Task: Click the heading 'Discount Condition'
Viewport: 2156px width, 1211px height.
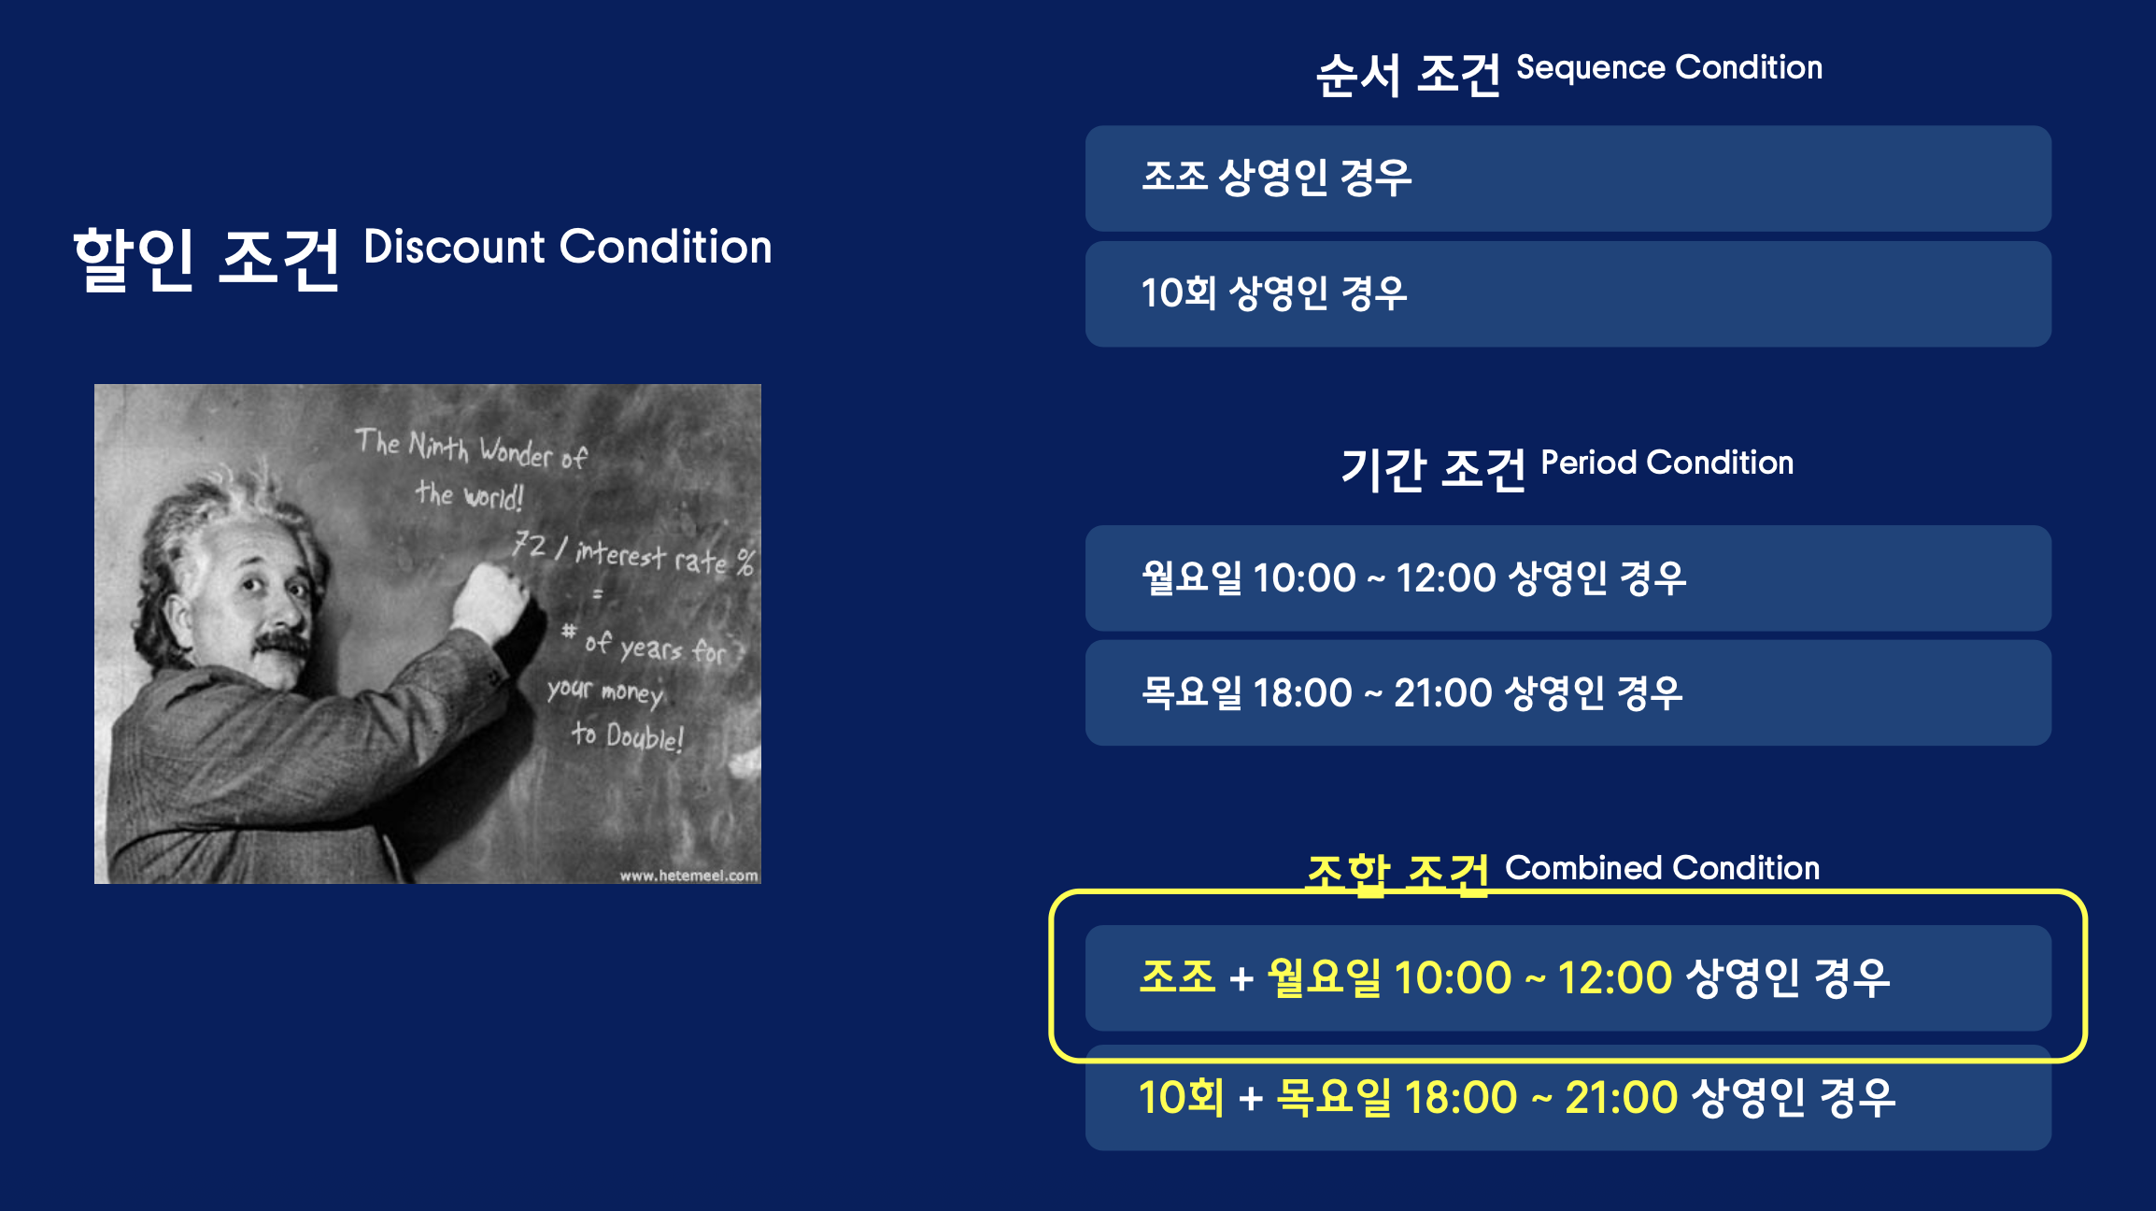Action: pyautogui.click(x=568, y=247)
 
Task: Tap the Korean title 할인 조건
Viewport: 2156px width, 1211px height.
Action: pyautogui.click(x=206, y=260)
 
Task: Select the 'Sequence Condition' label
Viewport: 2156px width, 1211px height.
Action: pyautogui.click(x=1669, y=68)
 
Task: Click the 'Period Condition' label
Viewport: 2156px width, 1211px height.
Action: pyautogui.click(x=1667, y=463)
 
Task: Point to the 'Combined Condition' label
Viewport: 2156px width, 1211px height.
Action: pyautogui.click(x=1663, y=868)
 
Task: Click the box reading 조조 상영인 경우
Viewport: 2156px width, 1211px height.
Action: pyautogui.click(x=1568, y=178)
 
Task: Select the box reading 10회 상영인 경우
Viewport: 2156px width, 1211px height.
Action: pyautogui.click(x=1568, y=294)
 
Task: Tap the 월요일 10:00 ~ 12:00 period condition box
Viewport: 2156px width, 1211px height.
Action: pyautogui.click(x=1568, y=578)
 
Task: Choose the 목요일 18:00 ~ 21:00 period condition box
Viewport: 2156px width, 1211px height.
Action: pyautogui.click(x=1568, y=693)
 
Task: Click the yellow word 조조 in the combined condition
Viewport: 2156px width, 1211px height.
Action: pyautogui.click(x=1177, y=977)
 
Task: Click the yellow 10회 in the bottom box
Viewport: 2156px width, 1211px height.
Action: pyautogui.click(x=1181, y=1097)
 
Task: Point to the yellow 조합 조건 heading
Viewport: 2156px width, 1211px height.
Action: pyautogui.click(x=1397, y=875)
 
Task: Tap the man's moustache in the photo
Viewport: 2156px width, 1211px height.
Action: pyautogui.click(x=282, y=644)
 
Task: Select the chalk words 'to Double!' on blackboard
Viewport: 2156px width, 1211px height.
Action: pyautogui.click(x=628, y=736)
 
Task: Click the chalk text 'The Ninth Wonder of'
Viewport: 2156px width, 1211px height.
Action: pyautogui.click(x=472, y=448)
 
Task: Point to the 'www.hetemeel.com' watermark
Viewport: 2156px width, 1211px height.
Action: pyautogui.click(x=688, y=876)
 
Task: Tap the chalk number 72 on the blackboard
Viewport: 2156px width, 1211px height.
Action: pyautogui.click(x=530, y=544)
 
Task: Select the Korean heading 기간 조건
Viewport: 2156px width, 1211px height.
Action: pyautogui.click(x=1433, y=469)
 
